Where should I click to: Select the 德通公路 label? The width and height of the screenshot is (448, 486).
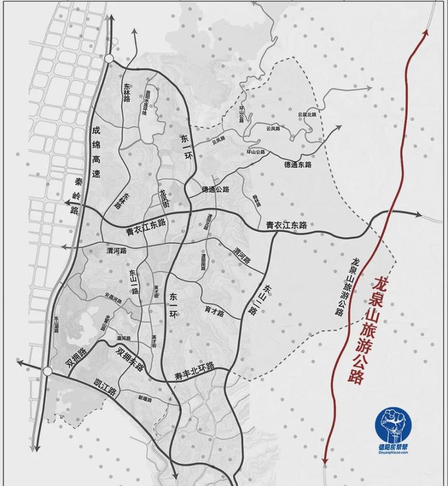pos(216,189)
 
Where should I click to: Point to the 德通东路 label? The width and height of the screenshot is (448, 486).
pos(298,165)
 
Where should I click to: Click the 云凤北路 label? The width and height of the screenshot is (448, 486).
pos(307,115)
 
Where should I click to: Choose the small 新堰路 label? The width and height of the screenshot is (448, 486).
pos(145,399)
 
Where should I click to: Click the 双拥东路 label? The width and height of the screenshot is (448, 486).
pos(130,359)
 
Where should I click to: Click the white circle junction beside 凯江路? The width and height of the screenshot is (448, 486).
pos(47,371)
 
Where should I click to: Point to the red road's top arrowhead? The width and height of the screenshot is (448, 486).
pos(426,32)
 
